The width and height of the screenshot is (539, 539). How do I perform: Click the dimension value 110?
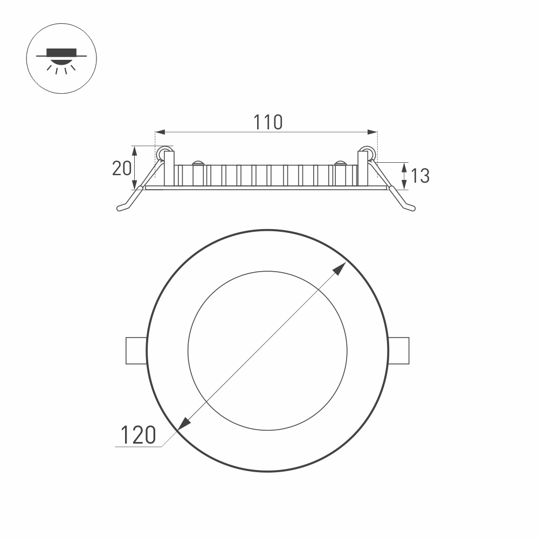(268, 122)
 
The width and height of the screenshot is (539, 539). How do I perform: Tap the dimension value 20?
(121, 169)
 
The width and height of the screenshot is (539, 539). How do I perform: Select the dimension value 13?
(420, 176)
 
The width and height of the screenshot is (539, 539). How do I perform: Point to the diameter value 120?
(138, 435)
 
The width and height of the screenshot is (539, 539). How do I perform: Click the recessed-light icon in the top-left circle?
(61, 59)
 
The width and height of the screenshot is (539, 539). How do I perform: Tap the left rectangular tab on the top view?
(136, 350)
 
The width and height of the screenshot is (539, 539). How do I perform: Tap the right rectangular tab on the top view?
(399, 350)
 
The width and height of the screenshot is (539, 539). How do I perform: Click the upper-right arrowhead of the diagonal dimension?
(340, 268)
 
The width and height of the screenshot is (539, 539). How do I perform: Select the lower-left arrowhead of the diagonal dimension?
(183, 425)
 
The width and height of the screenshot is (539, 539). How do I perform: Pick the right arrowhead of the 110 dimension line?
(372, 132)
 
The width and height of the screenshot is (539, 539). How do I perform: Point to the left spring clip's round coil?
(162, 153)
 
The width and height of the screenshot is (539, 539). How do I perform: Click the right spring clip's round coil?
(368, 153)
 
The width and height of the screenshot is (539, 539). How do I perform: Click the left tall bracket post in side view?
(169, 168)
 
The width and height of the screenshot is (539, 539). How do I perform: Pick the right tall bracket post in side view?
(362, 168)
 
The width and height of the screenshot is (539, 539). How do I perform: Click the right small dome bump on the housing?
(340, 163)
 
